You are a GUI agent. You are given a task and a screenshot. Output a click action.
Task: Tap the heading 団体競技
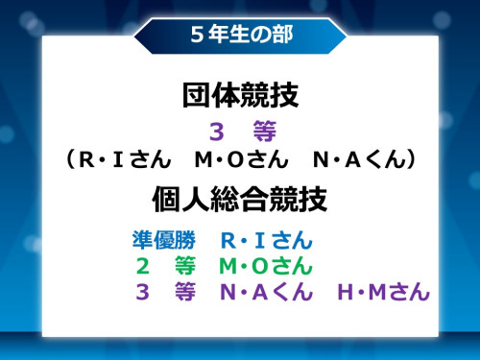click(240, 96)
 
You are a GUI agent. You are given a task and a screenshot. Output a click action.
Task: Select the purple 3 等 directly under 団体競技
click(240, 131)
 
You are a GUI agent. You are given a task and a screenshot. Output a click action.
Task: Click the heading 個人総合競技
click(240, 199)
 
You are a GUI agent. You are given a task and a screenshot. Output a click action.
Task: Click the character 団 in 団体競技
click(196, 96)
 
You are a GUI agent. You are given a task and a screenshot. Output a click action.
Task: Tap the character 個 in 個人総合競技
click(166, 199)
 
